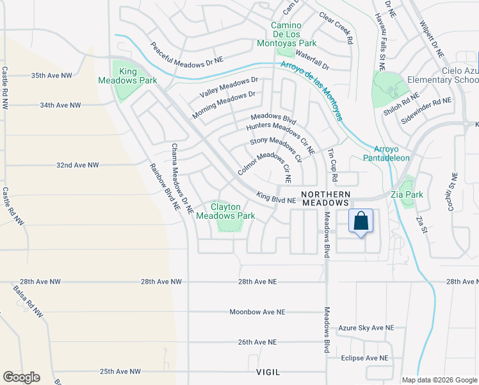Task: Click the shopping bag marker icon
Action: [361, 221]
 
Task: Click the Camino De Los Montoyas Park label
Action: [292, 34]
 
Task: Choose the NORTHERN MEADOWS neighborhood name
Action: [327, 198]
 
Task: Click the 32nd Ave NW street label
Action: [77, 165]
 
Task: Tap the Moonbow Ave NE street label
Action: [257, 312]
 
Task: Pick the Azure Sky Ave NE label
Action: [366, 328]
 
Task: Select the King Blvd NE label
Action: [276, 200]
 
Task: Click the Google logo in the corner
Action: [21, 377]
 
